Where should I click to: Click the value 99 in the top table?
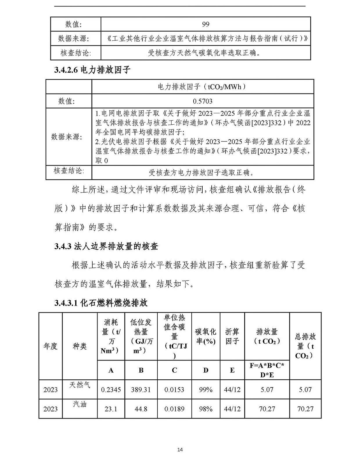205,24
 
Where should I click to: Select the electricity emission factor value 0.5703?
202,101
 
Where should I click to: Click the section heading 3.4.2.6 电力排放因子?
92,70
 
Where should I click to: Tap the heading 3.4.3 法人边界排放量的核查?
106,246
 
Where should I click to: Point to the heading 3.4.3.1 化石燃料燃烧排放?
101,303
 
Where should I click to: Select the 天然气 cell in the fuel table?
80,385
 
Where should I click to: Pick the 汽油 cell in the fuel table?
80,404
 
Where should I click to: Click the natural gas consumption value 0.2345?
111,390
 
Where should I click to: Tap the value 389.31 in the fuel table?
141,390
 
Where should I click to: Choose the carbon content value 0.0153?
174,390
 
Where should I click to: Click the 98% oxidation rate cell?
206,409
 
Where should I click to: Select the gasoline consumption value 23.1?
111,409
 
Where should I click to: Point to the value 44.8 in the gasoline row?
141,409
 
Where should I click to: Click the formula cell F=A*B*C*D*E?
267,370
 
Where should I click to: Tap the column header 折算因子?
232,336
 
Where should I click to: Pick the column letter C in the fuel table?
174,370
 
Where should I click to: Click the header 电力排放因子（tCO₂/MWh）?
202,87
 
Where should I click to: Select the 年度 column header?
51,346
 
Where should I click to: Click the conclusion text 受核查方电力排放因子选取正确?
202,173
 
